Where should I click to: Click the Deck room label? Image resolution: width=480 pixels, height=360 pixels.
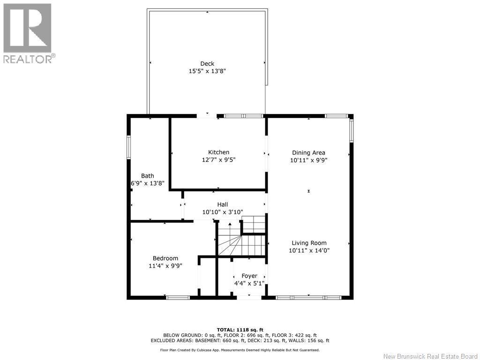point(207,64)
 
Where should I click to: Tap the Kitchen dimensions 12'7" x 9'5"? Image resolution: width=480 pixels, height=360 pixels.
point(218,160)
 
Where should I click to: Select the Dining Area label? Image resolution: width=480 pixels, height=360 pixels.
point(308,152)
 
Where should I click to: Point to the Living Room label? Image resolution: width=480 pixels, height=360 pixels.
point(309,243)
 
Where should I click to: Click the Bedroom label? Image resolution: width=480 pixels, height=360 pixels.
point(165,258)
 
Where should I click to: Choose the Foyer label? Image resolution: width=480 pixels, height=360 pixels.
point(249,276)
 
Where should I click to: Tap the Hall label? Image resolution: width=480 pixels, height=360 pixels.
point(222,204)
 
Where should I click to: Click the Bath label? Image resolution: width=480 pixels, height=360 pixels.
point(147,176)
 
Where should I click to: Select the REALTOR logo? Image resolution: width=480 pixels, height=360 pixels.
point(28,33)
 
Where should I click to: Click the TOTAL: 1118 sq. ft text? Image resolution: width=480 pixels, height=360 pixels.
point(240,330)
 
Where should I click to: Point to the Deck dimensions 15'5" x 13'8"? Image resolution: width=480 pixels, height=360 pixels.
point(207,71)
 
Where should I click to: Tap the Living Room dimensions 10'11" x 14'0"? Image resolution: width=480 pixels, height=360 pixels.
point(309,250)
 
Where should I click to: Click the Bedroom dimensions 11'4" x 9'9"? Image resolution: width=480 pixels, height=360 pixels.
point(165,266)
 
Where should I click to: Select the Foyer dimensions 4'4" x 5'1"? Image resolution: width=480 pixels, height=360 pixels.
point(249,283)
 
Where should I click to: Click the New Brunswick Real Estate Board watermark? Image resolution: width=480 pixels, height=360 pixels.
point(430,356)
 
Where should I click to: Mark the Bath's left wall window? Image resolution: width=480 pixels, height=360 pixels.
point(128,150)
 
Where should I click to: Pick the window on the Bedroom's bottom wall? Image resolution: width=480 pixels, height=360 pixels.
point(178,297)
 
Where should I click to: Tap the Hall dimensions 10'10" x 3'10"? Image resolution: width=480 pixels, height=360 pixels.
point(222,212)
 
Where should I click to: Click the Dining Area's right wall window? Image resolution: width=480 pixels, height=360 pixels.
point(351,130)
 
